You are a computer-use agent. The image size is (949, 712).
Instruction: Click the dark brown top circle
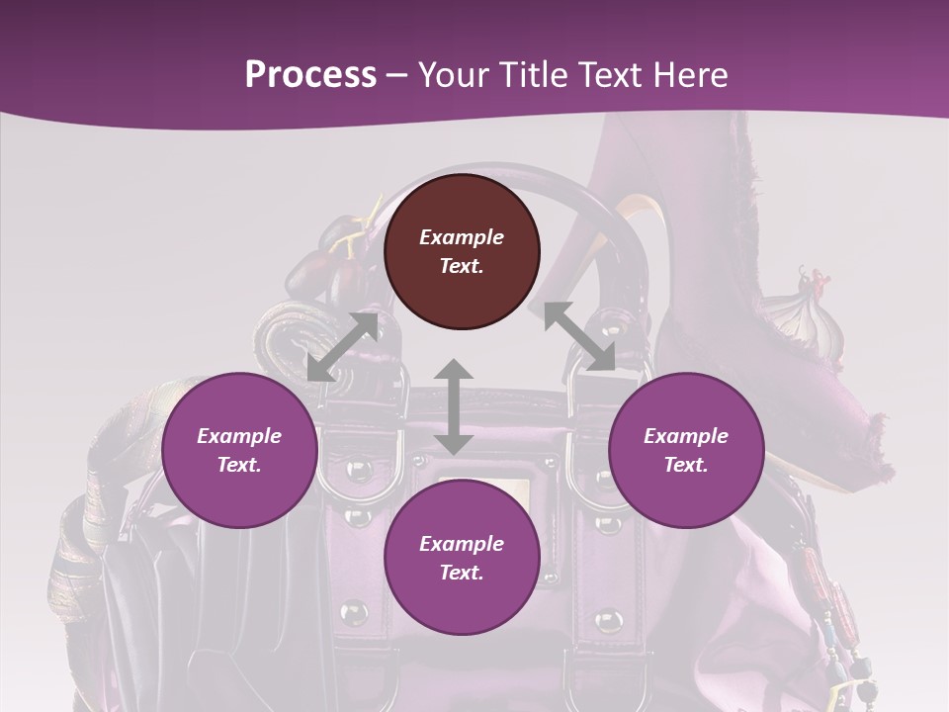462,251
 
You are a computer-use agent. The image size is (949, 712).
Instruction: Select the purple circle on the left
239,450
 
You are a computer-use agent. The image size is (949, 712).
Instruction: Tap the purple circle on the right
686,450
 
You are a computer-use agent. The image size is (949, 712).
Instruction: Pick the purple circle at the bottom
462,558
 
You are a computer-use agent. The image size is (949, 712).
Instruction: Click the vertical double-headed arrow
454,407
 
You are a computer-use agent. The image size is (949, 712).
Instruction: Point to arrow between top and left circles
342,347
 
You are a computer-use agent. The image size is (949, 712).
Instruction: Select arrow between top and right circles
579,336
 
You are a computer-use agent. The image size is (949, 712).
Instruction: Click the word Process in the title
310,74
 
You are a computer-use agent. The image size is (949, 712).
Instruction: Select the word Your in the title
454,74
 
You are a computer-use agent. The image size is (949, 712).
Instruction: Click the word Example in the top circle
462,237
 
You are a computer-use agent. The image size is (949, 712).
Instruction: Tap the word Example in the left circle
239,436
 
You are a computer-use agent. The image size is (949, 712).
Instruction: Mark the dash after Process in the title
397,75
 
